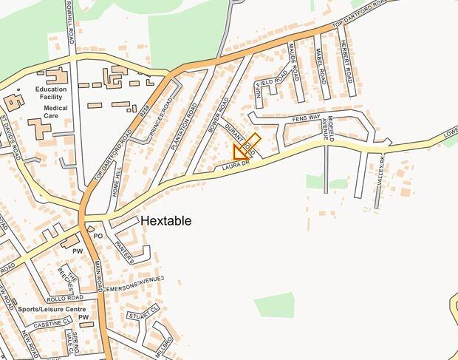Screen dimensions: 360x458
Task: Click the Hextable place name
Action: [165, 221]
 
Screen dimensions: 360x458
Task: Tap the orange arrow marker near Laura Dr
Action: [239, 153]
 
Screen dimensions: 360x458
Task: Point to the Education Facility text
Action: [50, 93]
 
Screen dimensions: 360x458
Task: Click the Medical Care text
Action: [55, 112]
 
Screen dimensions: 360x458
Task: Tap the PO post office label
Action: [97, 236]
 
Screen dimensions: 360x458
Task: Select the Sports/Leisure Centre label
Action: [52, 309]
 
